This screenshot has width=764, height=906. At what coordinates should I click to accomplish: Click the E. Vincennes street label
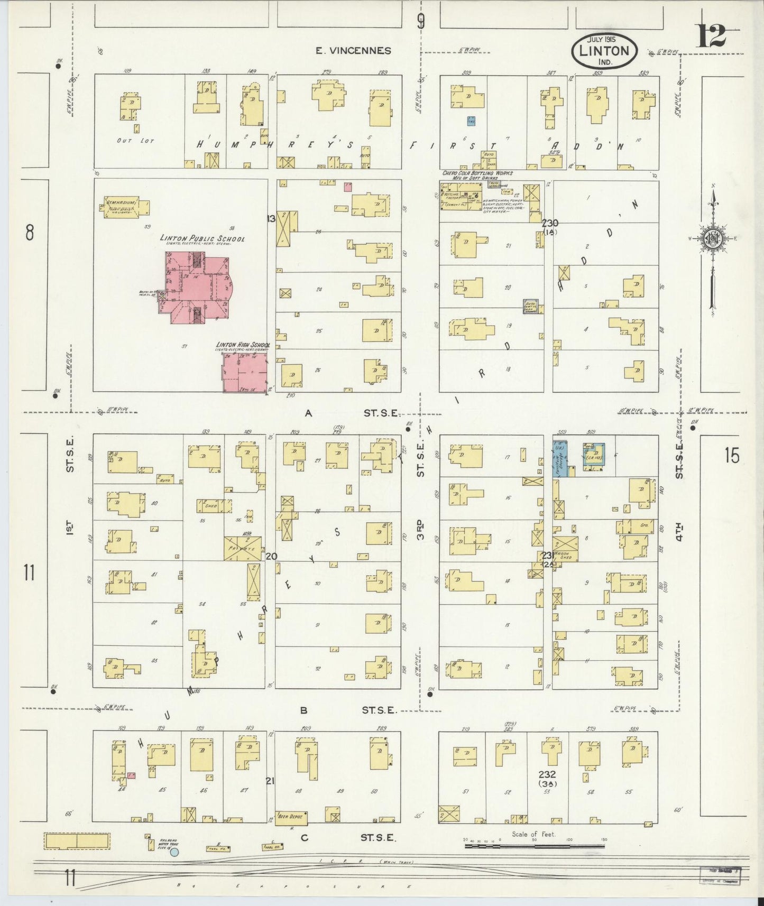pos(353,51)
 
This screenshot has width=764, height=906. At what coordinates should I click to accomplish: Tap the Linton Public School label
pos(202,239)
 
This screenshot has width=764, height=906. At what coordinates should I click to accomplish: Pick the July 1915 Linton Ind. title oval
pos(604,51)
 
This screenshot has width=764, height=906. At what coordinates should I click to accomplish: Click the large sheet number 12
pos(711,36)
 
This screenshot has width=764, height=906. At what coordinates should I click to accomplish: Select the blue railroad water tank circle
pos(174,852)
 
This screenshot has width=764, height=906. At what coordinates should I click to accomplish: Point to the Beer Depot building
pos(291,831)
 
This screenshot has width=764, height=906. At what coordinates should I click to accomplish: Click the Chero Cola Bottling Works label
pos(477,173)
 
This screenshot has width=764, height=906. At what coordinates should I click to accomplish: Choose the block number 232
pos(547,774)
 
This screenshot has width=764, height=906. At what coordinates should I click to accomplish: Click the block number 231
pos(547,555)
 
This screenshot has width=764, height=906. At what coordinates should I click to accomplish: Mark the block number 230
pos(550,224)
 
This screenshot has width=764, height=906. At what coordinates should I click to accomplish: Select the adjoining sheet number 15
pos(732,455)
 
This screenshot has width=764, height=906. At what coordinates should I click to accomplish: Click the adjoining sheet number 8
pos(30,232)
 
